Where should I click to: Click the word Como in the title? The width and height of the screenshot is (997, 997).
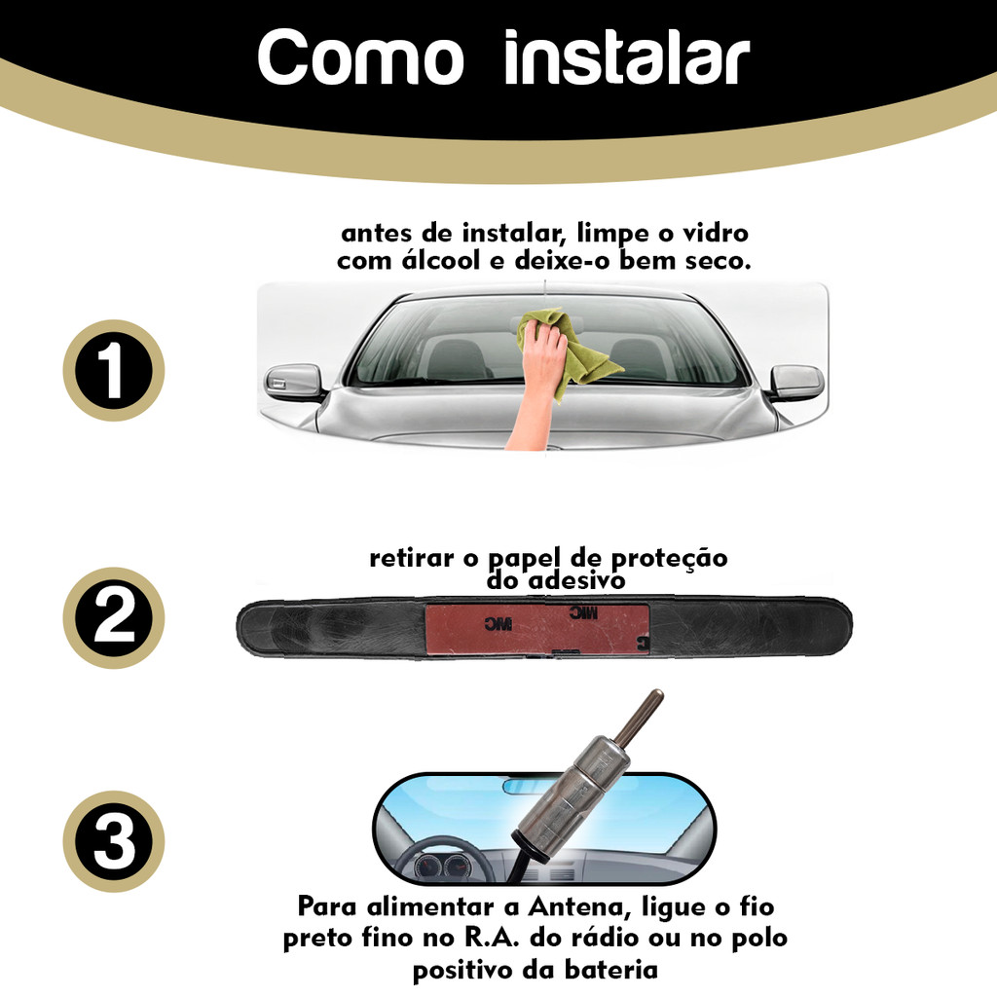coord(361,57)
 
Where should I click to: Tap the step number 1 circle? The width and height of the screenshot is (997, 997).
coord(114,370)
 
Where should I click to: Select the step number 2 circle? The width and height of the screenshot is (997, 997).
coord(114,617)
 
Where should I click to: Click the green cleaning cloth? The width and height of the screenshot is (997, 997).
coord(566,350)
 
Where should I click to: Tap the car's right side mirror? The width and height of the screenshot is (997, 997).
coord(796,383)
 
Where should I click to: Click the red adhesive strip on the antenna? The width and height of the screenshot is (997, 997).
coord(537,628)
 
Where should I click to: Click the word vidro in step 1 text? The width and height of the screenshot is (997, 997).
coord(716,233)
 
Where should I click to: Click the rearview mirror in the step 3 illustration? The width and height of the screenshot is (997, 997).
coord(523,787)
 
